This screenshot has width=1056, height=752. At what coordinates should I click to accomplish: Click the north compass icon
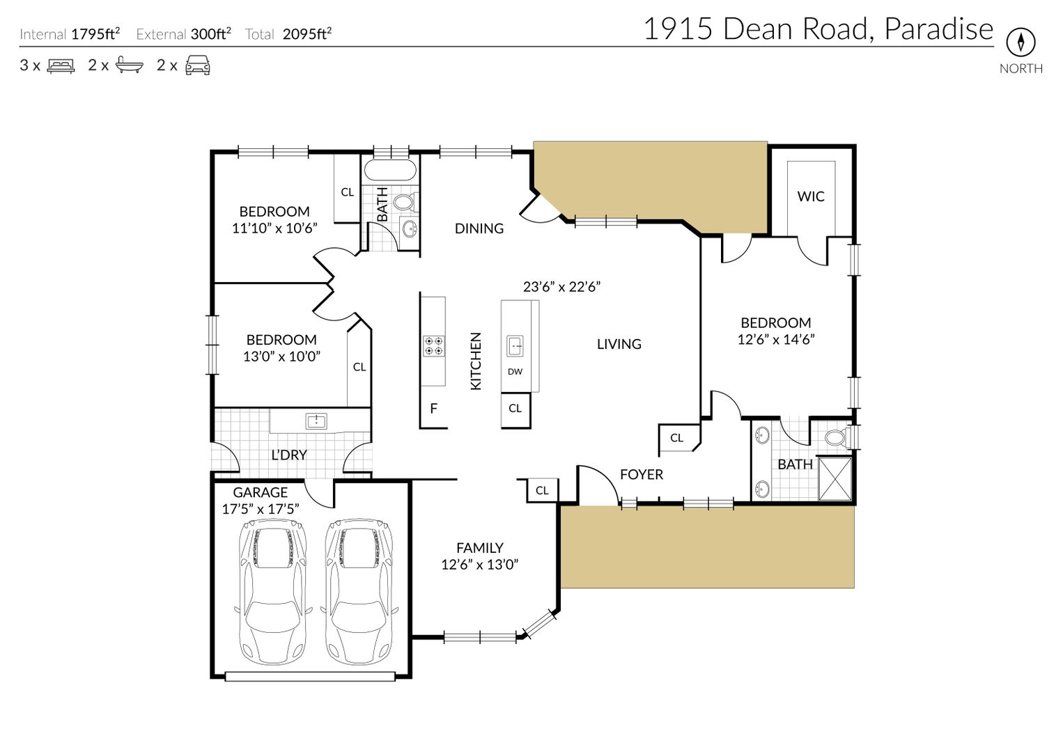coord(1020,42)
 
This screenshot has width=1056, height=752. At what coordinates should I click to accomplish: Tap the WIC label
coord(811,196)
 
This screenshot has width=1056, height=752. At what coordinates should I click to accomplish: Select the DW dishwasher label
coord(515,371)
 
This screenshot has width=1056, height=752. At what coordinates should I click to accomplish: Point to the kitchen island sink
coord(515,346)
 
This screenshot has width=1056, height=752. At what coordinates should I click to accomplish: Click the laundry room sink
coord(316,421)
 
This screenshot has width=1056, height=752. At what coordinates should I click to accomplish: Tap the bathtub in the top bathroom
coord(390,170)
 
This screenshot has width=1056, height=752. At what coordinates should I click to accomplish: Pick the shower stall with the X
coord(834,479)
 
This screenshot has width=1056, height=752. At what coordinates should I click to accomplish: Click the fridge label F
coord(434,408)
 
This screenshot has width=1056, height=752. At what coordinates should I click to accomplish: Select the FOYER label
coord(641,474)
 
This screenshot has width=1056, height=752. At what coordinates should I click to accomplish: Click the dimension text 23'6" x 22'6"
coord(561,286)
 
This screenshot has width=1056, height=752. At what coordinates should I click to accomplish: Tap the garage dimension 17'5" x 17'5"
coord(261,509)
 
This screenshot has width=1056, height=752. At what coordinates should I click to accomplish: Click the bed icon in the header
coord(61,65)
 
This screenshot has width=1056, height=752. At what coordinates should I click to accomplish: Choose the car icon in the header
coord(198,65)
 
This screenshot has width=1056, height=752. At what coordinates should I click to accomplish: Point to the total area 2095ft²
coord(307,34)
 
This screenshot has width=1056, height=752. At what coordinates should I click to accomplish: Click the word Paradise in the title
coord(938,29)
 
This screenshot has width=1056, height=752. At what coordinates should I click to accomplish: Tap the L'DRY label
coord(289,455)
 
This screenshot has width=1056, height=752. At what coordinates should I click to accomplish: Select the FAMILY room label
coord(480,547)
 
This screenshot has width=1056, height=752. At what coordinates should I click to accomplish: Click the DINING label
coord(479,228)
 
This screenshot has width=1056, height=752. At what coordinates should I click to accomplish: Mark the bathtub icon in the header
coord(129,65)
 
